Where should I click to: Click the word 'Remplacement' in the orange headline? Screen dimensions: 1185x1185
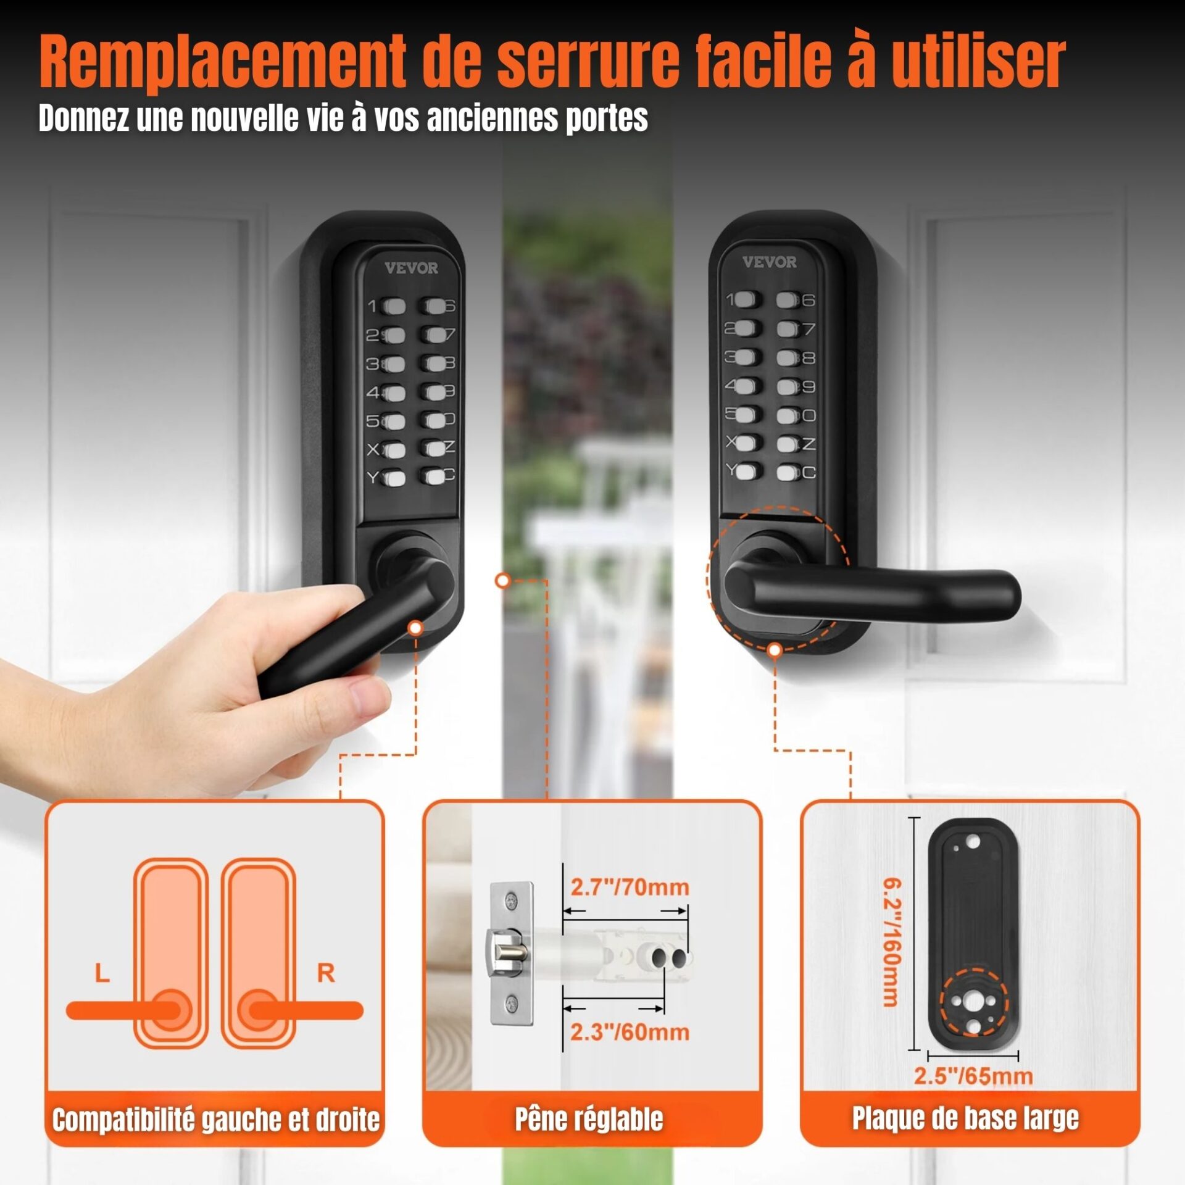(x=223, y=63)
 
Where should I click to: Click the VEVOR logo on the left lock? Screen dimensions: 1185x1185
(x=411, y=268)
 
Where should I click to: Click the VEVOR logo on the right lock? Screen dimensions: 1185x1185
(x=769, y=262)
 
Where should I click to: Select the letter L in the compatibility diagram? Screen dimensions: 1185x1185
(x=102, y=974)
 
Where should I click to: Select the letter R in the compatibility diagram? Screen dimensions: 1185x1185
(x=326, y=973)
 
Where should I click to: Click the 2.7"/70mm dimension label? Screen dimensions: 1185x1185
(x=630, y=888)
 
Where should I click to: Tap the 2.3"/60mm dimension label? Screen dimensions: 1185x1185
(x=630, y=1032)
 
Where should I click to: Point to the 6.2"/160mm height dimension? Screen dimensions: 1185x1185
(x=891, y=942)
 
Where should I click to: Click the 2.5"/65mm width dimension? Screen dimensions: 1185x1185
(x=973, y=1076)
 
